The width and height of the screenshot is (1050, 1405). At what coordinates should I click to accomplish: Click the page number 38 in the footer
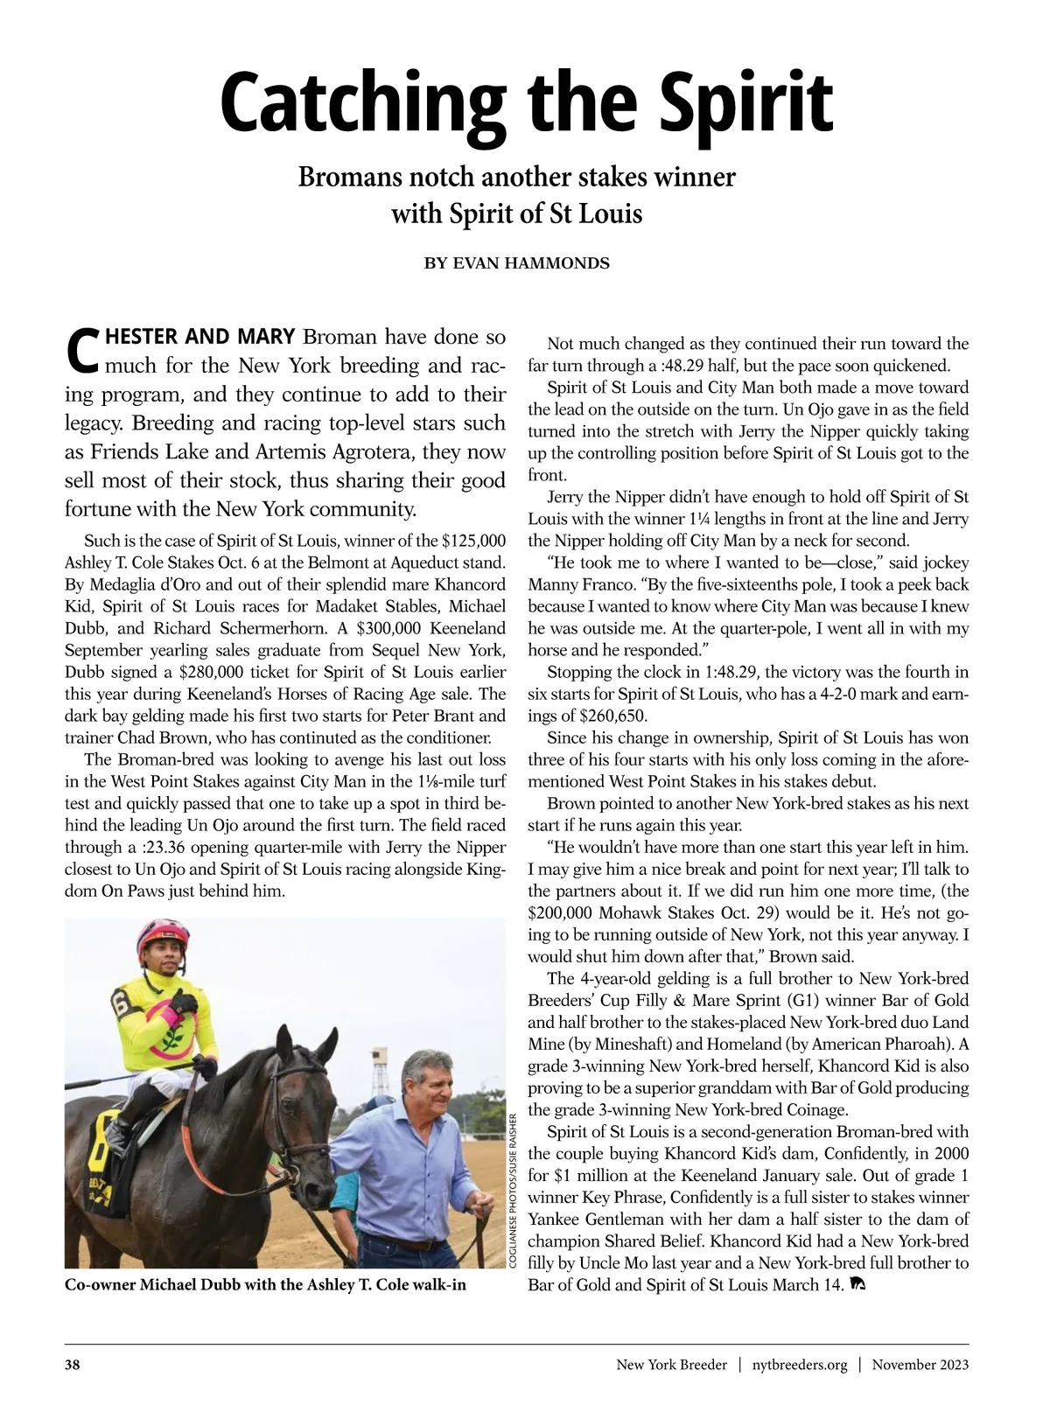(73, 1365)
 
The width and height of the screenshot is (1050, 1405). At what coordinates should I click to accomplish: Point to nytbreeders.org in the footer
(800, 1365)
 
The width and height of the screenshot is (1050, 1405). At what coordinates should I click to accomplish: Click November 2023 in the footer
(920, 1365)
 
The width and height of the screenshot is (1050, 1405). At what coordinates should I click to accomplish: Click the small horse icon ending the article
(857, 1284)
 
